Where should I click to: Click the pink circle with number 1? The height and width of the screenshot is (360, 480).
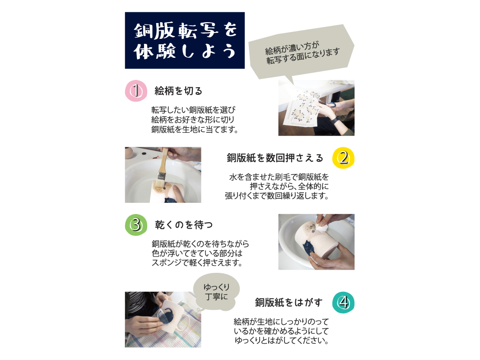pyautogui.click(x=136, y=91)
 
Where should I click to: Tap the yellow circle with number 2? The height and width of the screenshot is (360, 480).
pyautogui.click(x=344, y=158)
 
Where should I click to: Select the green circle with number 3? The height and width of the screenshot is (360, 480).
pyautogui.click(x=136, y=224)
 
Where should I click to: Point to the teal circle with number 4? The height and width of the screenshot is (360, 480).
pyautogui.click(x=344, y=303)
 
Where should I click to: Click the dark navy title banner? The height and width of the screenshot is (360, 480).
pyautogui.click(x=185, y=40)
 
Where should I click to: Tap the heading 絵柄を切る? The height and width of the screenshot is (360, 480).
pyautogui.click(x=178, y=91)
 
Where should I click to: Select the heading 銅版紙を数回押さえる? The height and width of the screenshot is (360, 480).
pyautogui.click(x=275, y=158)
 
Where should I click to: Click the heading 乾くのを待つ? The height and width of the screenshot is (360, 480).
pyautogui.click(x=184, y=224)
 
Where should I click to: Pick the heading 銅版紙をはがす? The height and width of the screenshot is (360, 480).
pyautogui.click(x=289, y=303)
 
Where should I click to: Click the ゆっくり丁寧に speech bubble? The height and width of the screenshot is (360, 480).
pyautogui.click(x=216, y=292)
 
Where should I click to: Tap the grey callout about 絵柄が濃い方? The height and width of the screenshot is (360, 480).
pyautogui.click(x=301, y=52)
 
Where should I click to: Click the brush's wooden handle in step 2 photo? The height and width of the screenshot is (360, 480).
pyautogui.click(x=163, y=161)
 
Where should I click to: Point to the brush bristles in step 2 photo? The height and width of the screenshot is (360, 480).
pyautogui.click(x=159, y=184)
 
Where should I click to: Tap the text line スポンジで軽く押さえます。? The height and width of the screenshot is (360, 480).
pyautogui.click(x=197, y=262)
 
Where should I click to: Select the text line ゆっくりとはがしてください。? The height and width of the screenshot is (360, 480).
pyautogui.click(x=281, y=341)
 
